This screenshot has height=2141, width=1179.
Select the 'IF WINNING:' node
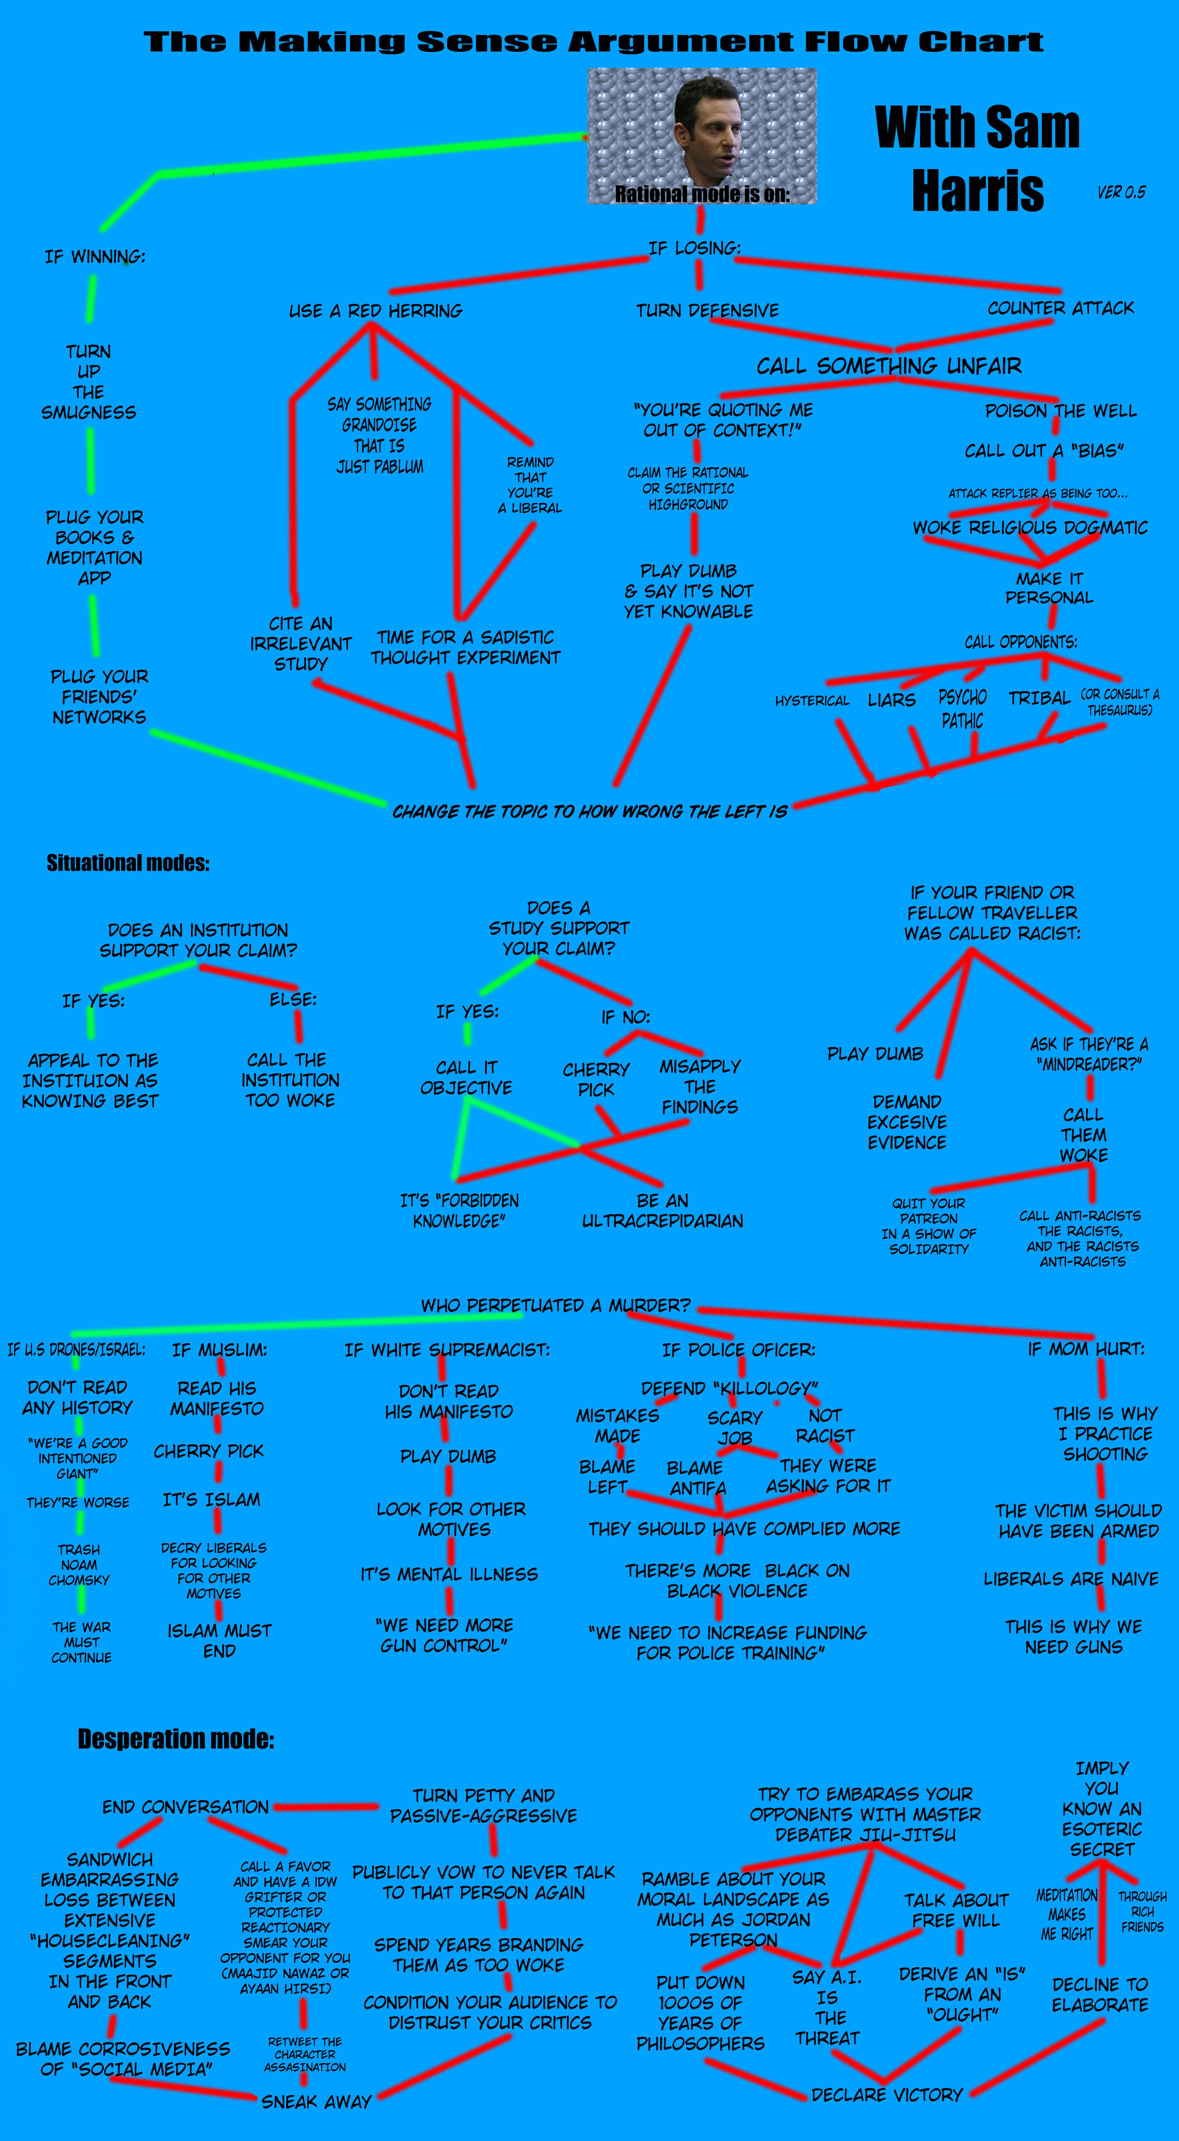[x=95, y=257]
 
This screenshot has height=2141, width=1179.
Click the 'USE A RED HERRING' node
[x=375, y=311]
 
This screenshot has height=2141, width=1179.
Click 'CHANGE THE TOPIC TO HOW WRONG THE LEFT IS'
[x=589, y=811]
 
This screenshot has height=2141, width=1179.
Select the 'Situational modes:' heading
[x=128, y=863]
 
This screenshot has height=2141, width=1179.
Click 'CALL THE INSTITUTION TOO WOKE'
[x=290, y=1080]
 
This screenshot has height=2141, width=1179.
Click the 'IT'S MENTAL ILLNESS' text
[x=449, y=1574]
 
